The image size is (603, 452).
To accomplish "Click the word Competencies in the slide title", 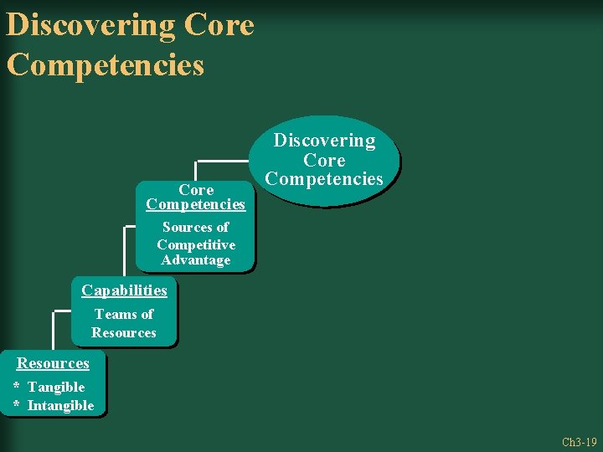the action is click(105, 64).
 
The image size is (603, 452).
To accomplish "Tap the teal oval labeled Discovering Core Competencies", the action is click(324, 160).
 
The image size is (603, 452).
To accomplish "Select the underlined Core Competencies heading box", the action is click(195, 197).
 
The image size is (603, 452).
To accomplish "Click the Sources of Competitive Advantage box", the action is click(195, 244).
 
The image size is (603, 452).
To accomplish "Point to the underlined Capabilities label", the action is click(124, 290).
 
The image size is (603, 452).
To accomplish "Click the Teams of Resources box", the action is click(124, 323).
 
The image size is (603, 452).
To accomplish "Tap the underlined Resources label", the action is click(53, 363).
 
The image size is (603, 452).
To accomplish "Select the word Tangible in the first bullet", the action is click(56, 387).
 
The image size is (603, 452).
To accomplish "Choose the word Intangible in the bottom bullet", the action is click(61, 406).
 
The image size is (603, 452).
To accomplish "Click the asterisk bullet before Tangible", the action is click(17, 387).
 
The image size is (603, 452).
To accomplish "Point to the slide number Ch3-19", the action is click(579, 441).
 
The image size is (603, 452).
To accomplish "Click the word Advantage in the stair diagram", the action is click(195, 260).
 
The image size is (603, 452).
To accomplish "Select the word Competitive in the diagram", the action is click(195, 244).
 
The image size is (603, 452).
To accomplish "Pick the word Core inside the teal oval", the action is click(324, 160).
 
